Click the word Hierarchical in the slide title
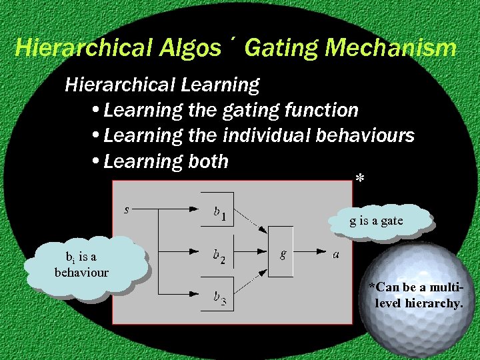(83, 48)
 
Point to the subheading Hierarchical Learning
(162, 85)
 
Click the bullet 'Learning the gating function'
(230, 110)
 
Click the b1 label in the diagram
(220, 213)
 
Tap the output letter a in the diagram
(337, 254)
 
